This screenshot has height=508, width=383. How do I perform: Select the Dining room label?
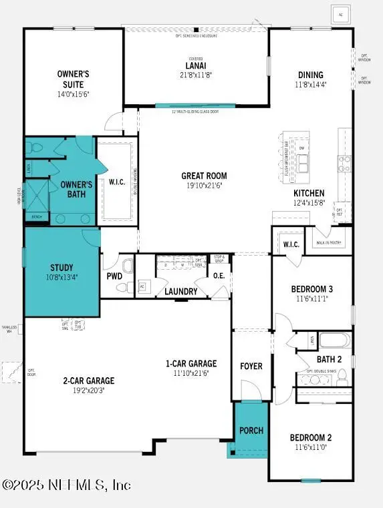311,75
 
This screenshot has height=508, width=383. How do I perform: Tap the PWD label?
114,275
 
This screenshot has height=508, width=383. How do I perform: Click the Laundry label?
181,292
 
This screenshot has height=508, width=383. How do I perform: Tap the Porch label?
251,430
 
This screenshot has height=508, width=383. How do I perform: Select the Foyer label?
251,366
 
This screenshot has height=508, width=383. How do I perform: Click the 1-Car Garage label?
191,364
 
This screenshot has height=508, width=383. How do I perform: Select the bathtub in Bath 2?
335,340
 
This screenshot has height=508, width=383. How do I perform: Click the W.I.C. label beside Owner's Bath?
117,182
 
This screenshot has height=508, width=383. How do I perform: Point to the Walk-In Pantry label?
329,243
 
